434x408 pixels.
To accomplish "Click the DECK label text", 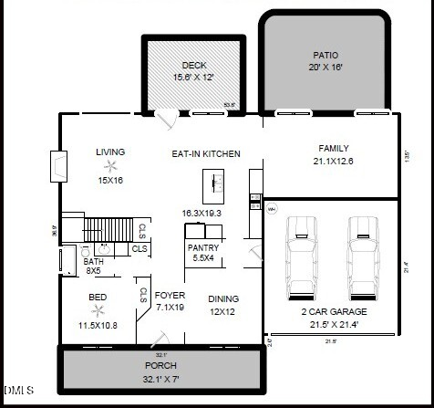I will pos(193,65).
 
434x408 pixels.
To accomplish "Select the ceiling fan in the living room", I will pos(110,166).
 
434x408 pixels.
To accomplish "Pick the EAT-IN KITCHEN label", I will pos(206,154).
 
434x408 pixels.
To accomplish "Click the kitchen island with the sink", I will pos(214,185).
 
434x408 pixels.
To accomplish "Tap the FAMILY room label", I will pos(333,148).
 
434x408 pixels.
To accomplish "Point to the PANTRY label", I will pos(201,247).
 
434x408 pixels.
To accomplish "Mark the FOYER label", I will pos(170,295).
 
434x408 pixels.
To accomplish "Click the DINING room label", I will pos(223,298).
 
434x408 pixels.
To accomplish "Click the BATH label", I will pos(93,261).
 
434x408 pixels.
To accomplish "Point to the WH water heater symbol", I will pos(271,209).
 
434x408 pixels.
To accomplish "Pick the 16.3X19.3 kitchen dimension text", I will pos(201,213).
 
